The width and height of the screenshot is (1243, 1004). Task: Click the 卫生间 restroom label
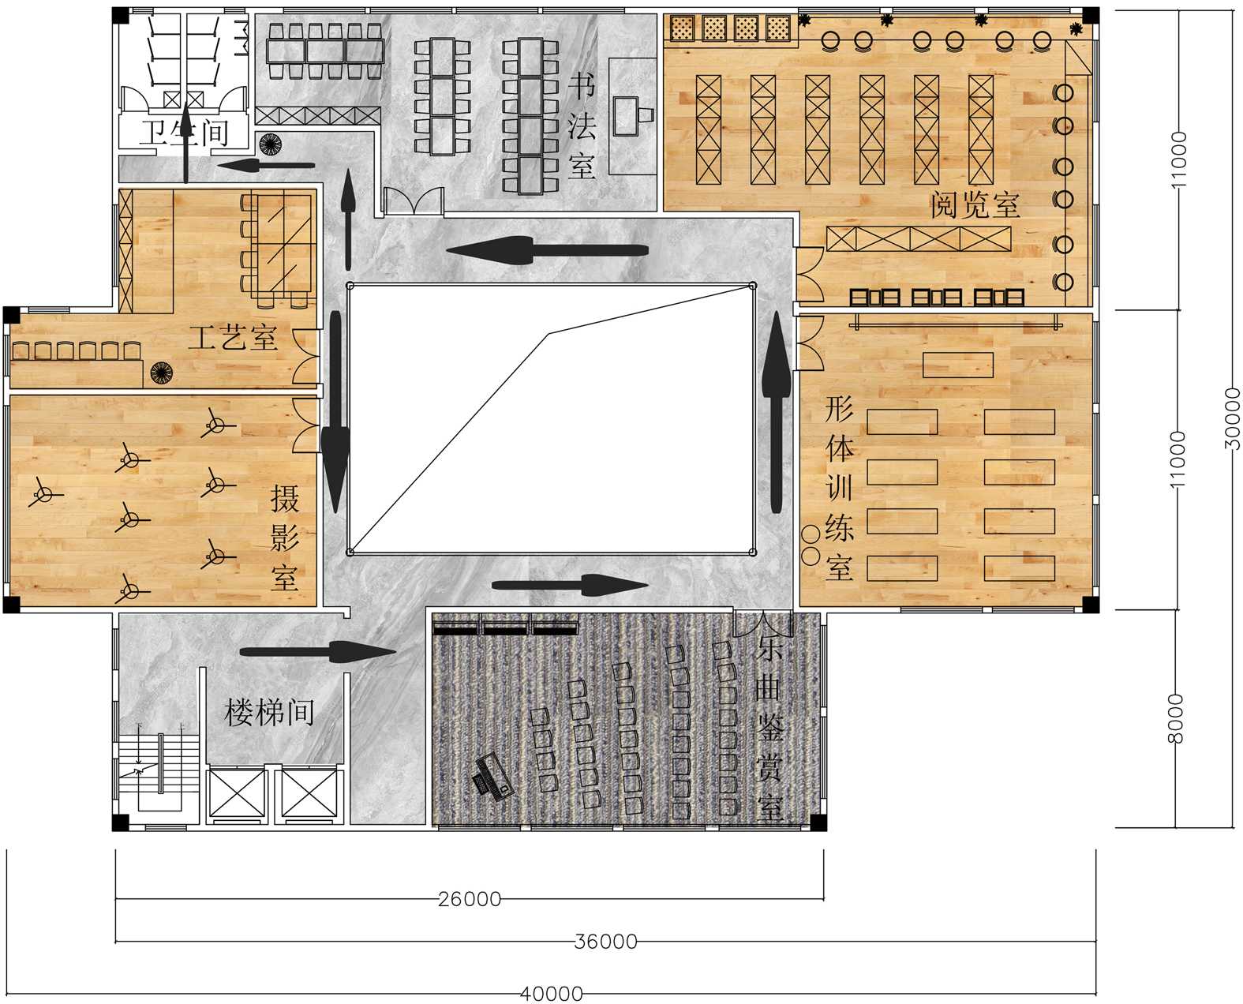[185, 133]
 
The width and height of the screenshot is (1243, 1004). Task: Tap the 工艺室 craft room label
[232, 338]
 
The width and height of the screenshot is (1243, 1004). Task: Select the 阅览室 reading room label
[975, 205]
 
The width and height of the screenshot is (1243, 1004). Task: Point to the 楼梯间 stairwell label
[269, 712]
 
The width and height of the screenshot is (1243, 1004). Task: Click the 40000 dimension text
[551, 994]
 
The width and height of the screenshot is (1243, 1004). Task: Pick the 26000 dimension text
[470, 899]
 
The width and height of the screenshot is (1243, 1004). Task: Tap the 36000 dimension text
[606, 942]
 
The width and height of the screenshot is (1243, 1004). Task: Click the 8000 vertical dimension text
[1176, 718]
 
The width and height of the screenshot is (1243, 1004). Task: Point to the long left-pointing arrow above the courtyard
[548, 251]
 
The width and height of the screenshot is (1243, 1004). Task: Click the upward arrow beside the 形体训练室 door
[776, 411]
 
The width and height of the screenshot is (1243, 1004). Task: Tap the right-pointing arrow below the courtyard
[570, 585]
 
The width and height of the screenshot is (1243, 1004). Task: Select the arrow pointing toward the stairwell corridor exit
[318, 651]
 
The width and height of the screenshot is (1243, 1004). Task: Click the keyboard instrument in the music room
[494, 777]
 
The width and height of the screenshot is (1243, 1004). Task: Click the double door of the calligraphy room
[414, 200]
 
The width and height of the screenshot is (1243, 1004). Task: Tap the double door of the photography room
[305, 425]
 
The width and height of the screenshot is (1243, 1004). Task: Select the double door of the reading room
[809, 275]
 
